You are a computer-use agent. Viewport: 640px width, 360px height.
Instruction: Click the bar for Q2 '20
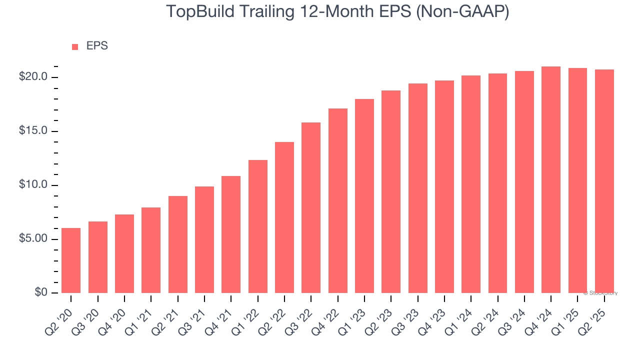(71, 260)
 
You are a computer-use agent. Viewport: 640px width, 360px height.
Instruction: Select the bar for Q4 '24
(551, 180)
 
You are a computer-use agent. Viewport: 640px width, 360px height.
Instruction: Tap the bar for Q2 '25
(604, 181)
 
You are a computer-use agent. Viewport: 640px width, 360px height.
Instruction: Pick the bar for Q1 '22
(257, 226)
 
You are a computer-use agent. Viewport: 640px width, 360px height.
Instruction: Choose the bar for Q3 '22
(311, 207)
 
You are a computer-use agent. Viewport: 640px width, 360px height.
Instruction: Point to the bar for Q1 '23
(364, 196)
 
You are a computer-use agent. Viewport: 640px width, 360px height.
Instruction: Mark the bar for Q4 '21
(231, 234)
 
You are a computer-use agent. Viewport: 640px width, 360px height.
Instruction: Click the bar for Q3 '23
(418, 188)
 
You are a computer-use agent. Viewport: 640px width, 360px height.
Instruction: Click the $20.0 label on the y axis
(33, 77)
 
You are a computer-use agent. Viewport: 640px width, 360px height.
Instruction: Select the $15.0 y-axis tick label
(33, 131)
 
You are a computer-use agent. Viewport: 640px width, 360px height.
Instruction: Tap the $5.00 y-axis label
(33, 239)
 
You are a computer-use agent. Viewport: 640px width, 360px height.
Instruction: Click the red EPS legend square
(75, 46)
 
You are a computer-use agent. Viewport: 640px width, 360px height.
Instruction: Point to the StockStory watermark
(600, 293)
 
